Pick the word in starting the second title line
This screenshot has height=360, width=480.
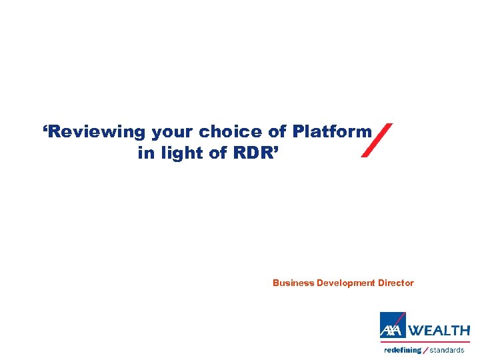(x=145, y=153)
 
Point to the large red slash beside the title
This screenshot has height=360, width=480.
(x=377, y=140)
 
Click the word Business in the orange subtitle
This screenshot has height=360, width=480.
(x=293, y=283)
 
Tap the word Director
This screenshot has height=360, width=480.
(x=396, y=283)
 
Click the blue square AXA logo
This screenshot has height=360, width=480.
(x=393, y=325)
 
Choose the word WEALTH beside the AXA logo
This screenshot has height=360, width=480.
(x=439, y=330)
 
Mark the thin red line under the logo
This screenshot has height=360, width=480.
(x=425, y=342)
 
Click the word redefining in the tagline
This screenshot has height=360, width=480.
(x=403, y=350)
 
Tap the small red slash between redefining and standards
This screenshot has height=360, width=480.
(x=426, y=350)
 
